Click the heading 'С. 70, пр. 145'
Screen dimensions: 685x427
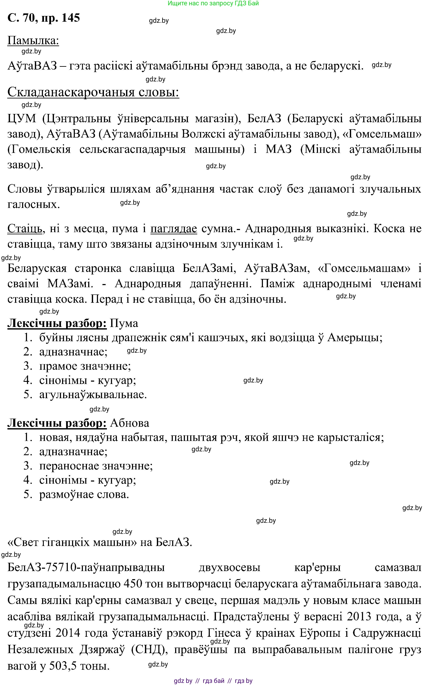(x=44, y=18)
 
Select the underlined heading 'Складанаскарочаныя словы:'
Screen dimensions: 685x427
(x=93, y=92)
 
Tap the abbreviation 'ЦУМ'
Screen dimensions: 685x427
(x=22, y=118)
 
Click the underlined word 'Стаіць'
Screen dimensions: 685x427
(x=25, y=228)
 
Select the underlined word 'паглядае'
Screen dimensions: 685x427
(x=173, y=228)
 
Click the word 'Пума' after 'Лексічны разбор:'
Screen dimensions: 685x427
(x=124, y=323)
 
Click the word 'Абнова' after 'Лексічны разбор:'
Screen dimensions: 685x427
(x=129, y=423)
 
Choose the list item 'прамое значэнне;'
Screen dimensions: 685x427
(x=85, y=366)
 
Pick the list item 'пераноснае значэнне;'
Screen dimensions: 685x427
(x=96, y=466)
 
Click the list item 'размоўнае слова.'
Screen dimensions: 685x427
(x=84, y=494)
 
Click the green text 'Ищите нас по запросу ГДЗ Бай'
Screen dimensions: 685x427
(x=213, y=3)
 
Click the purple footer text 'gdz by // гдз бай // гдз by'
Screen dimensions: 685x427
(x=213, y=681)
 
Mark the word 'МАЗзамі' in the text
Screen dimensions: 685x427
(x=70, y=283)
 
